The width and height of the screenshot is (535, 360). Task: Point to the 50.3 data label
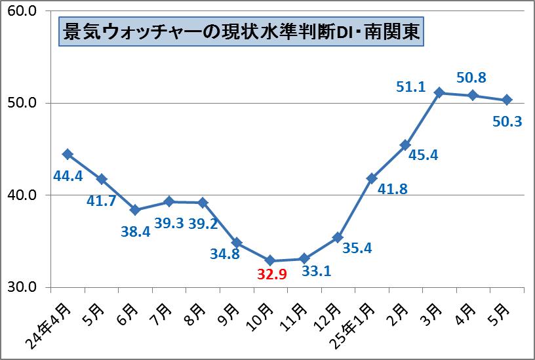(505, 121)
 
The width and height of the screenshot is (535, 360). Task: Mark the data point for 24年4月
(67, 154)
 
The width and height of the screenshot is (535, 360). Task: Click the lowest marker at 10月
(270, 260)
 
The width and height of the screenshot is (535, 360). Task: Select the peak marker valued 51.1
(440, 92)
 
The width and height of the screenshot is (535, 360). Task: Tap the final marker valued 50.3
(507, 100)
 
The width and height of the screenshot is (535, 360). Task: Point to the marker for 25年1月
(372, 178)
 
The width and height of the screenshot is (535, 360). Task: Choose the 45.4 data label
(423, 155)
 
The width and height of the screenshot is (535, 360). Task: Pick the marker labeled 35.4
(338, 237)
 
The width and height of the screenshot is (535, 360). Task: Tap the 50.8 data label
(471, 78)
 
